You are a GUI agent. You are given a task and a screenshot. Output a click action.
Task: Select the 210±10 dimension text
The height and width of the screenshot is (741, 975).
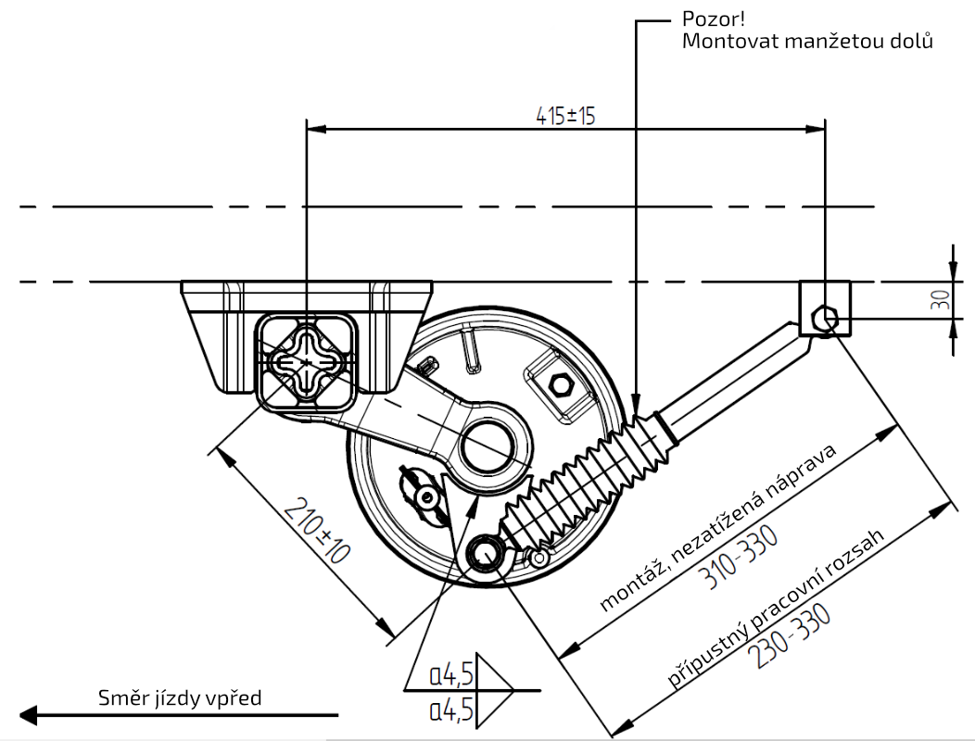click(x=315, y=532)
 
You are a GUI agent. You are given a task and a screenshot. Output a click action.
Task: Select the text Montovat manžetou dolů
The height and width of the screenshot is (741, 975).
click(x=806, y=42)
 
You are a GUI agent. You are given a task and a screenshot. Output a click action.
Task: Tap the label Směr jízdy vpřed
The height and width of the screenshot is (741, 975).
click(x=180, y=697)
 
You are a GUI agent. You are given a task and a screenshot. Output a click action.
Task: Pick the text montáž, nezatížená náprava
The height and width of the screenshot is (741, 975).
click(x=718, y=529)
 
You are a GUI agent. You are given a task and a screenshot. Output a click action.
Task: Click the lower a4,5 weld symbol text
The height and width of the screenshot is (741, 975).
click(x=451, y=710)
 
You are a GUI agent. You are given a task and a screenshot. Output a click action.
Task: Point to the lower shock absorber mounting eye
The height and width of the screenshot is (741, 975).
click(x=484, y=553)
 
